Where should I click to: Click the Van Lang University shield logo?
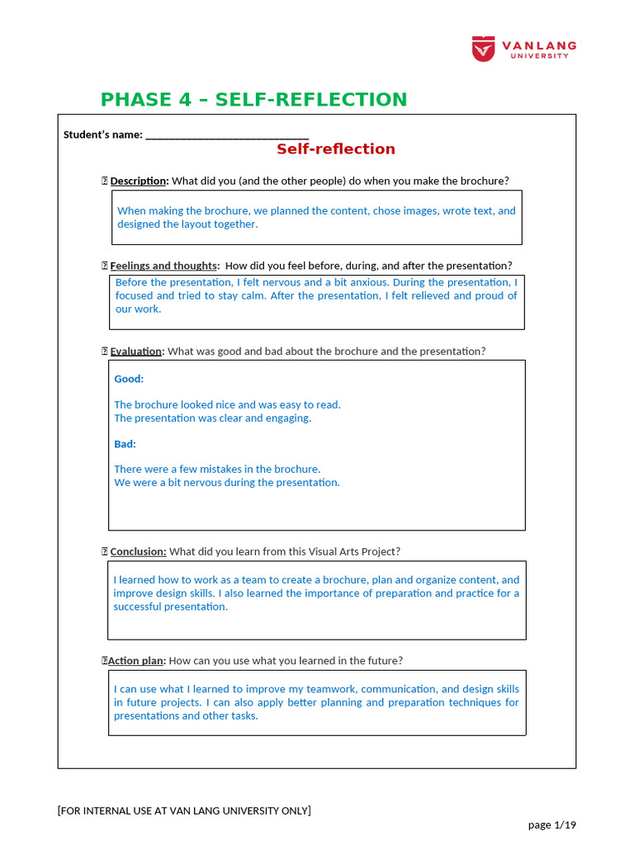point(484,48)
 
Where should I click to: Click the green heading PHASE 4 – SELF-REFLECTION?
point(253,100)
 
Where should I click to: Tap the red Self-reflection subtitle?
point(335,149)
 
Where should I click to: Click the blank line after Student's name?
point(227,135)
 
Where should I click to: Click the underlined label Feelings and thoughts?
point(163,266)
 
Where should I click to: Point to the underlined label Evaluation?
point(136,352)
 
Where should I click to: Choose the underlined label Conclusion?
point(138,551)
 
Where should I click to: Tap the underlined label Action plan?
point(136,660)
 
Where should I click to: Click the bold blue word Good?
point(129,379)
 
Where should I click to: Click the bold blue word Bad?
point(125,444)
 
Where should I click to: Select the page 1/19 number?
point(552,824)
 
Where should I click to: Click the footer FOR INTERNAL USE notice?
point(184,810)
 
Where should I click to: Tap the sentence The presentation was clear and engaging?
point(212,418)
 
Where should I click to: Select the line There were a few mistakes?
point(217,469)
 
